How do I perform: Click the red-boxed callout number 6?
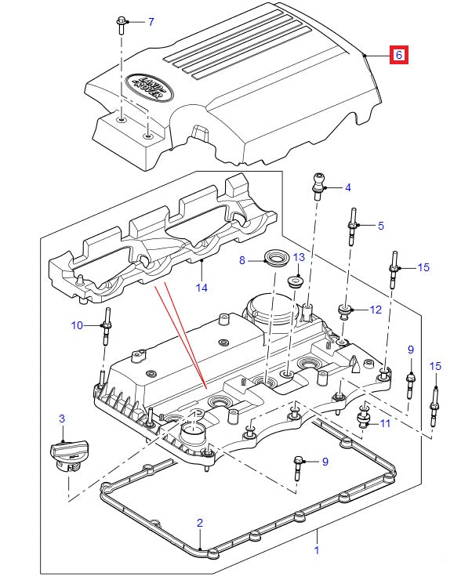click(398, 55)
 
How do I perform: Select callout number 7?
click(151, 21)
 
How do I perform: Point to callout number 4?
click(348, 187)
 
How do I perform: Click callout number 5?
click(381, 226)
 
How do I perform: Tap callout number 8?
click(242, 259)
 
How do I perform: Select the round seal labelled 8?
click(274, 258)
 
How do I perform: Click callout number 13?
click(298, 257)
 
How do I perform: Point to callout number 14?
click(202, 288)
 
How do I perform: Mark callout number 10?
click(77, 324)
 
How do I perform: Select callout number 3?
click(63, 420)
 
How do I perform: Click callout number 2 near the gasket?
click(200, 522)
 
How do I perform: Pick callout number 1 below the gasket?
click(317, 551)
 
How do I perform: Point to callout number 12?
click(376, 310)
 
